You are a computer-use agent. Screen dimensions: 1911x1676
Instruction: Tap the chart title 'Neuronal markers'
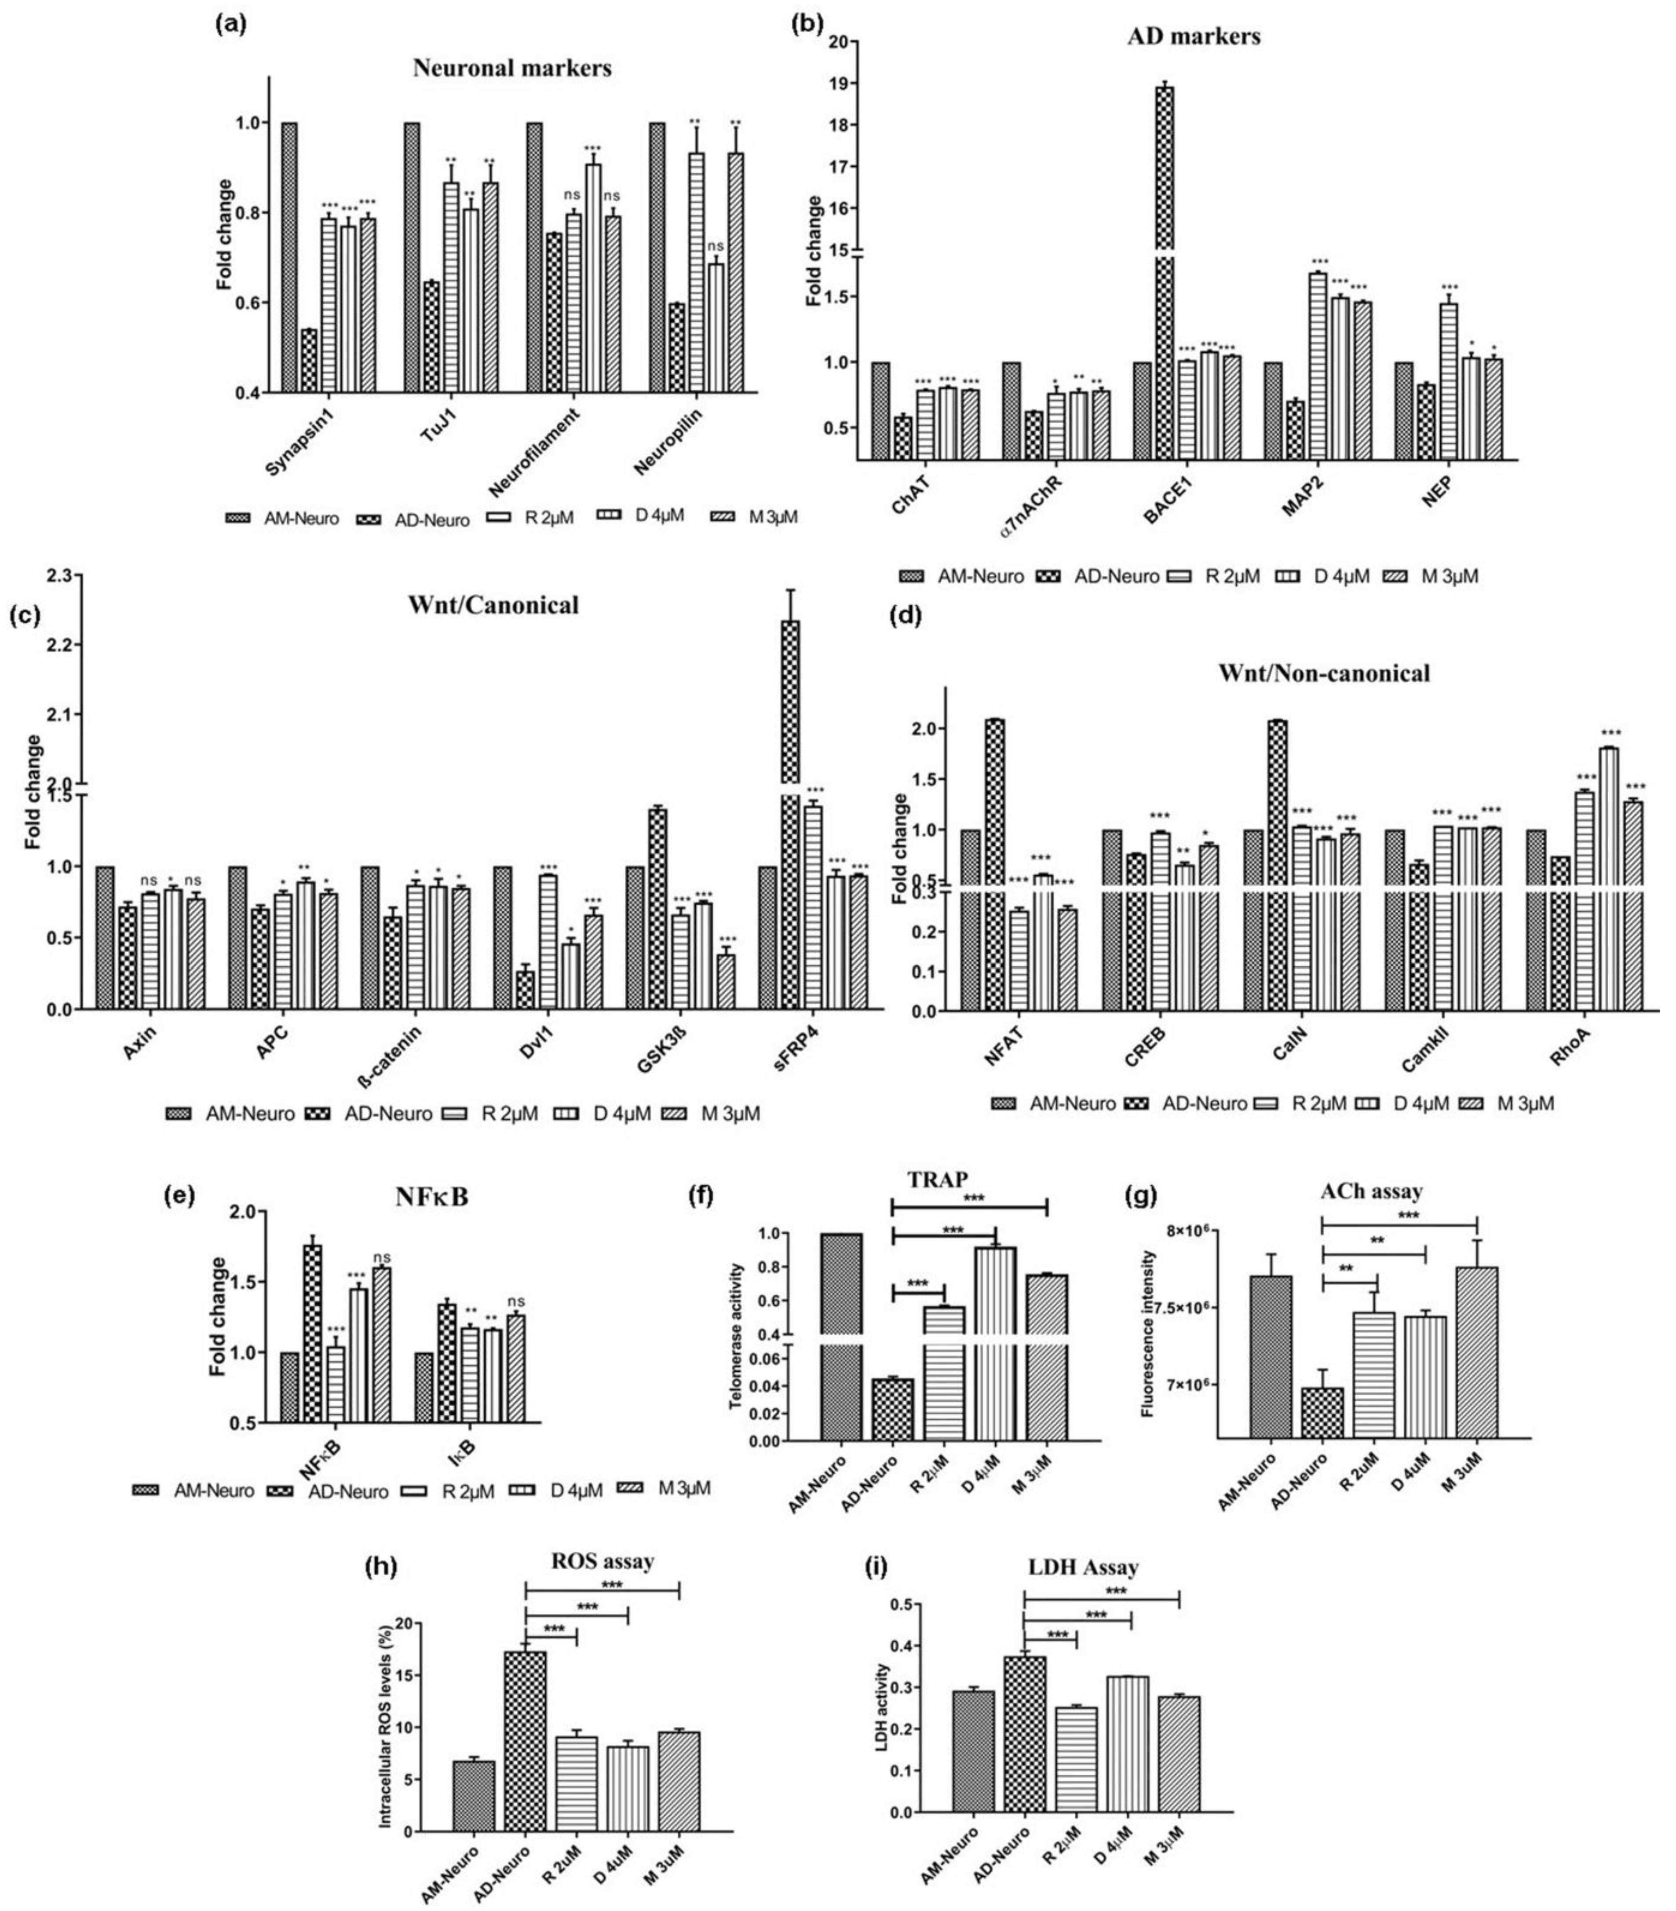pos(512,68)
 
